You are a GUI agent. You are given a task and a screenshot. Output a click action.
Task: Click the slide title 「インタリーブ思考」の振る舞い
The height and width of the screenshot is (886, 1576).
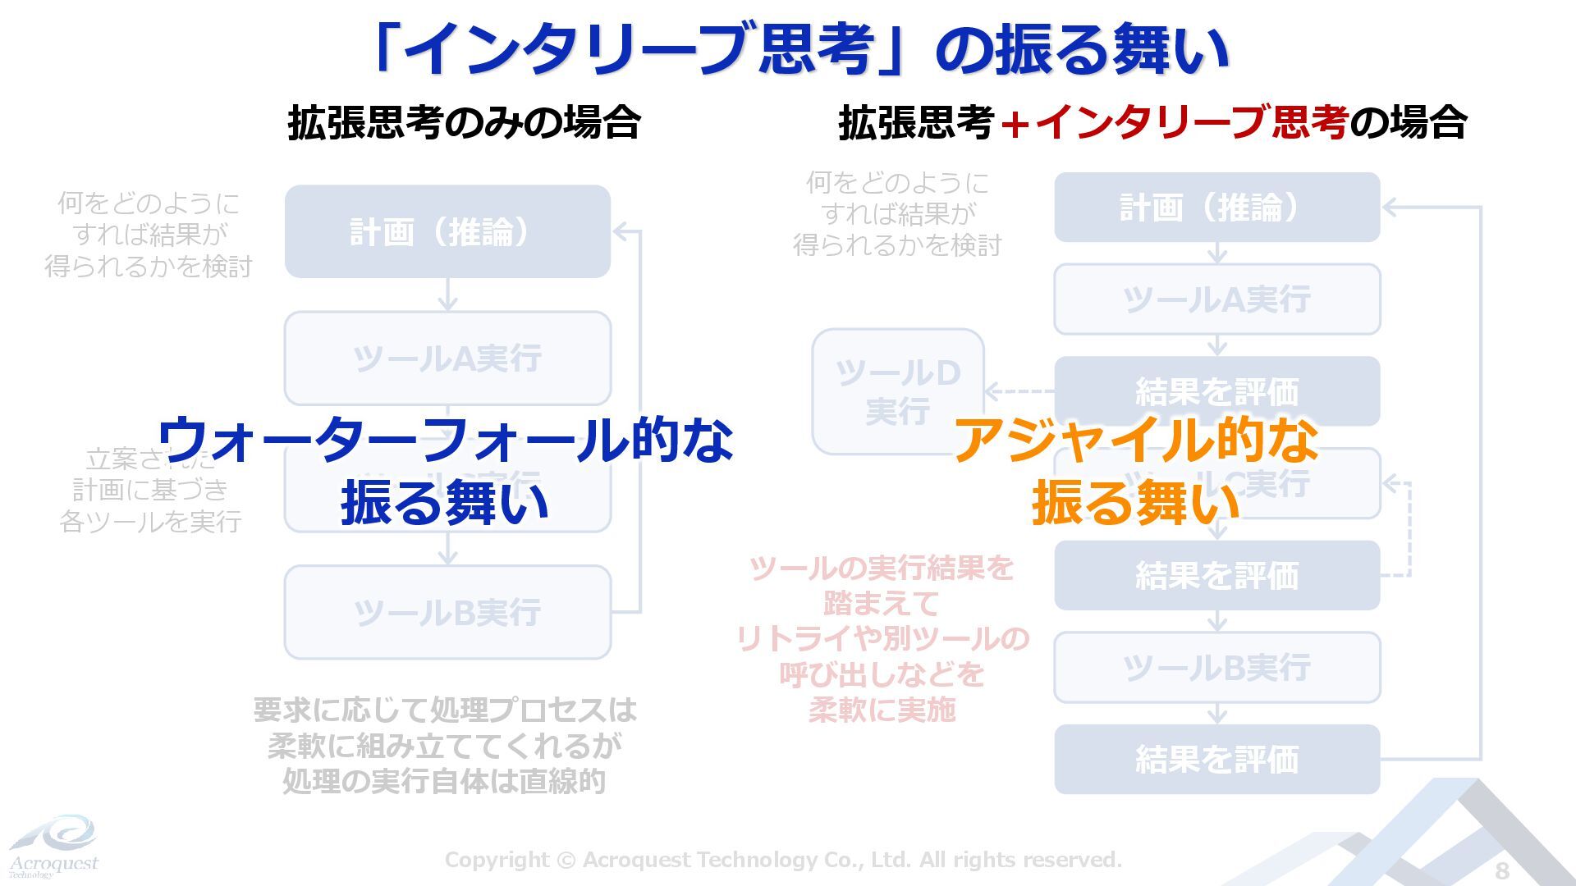(x=800, y=49)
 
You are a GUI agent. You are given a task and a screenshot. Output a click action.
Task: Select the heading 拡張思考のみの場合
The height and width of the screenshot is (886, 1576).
(x=464, y=123)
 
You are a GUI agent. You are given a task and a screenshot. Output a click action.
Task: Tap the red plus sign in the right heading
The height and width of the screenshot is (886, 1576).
(x=1015, y=124)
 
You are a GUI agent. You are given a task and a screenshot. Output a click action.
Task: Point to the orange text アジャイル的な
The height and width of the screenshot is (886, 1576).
(x=1136, y=439)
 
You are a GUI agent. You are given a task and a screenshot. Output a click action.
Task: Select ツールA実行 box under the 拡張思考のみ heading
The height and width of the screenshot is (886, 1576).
(x=447, y=359)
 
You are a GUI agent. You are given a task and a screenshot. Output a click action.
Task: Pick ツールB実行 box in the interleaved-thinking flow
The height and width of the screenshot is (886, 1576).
(x=1216, y=668)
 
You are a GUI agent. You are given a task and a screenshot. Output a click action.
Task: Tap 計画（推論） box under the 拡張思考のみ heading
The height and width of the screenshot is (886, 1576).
(x=447, y=231)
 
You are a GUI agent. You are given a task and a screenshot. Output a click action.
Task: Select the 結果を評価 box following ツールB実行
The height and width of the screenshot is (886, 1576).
(x=1216, y=759)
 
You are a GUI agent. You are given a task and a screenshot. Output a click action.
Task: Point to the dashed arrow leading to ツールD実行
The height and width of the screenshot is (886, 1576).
(x=1019, y=391)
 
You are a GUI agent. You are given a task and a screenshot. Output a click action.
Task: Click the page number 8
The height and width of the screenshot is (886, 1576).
(x=1502, y=870)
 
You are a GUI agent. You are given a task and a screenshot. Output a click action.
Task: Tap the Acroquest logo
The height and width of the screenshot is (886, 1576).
(x=53, y=845)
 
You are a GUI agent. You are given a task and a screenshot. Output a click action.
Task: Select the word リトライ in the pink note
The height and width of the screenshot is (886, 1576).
(x=793, y=638)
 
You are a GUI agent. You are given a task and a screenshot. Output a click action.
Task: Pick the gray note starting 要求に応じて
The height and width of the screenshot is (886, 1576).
(x=444, y=745)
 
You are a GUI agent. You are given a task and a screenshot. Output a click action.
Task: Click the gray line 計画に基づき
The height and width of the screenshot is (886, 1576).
(x=150, y=490)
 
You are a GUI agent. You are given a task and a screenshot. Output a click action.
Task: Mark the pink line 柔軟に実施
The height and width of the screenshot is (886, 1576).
(x=882, y=710)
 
